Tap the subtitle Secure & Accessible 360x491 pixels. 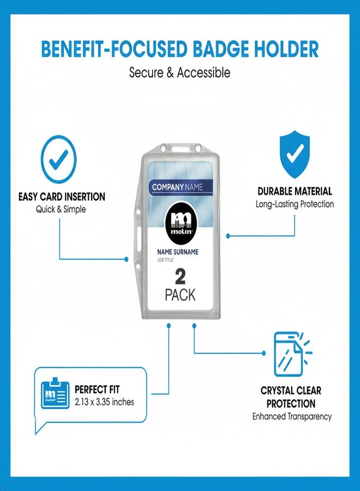coord(179,73)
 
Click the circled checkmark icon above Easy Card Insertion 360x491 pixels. coord(59,160)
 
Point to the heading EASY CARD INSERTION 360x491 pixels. coord(62,197)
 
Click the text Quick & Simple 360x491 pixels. coord(61,209)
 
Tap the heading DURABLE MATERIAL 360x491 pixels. coord(295,191)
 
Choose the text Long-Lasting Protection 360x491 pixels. coord(295,204)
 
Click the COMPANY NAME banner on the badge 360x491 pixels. coord(181,187)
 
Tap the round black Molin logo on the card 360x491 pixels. coord(181,223)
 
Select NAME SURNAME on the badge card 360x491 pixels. coord(177,252)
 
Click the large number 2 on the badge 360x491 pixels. coord(180,277)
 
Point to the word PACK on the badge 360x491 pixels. coord(180,295)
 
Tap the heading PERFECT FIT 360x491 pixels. coord(97,390)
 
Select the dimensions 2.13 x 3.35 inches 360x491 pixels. coord(104,402)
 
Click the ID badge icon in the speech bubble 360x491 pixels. coord(55,393)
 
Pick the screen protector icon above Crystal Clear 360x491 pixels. coord(292,354)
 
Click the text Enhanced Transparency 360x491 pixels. coord(292,416)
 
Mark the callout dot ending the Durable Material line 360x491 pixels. coord(228,236)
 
